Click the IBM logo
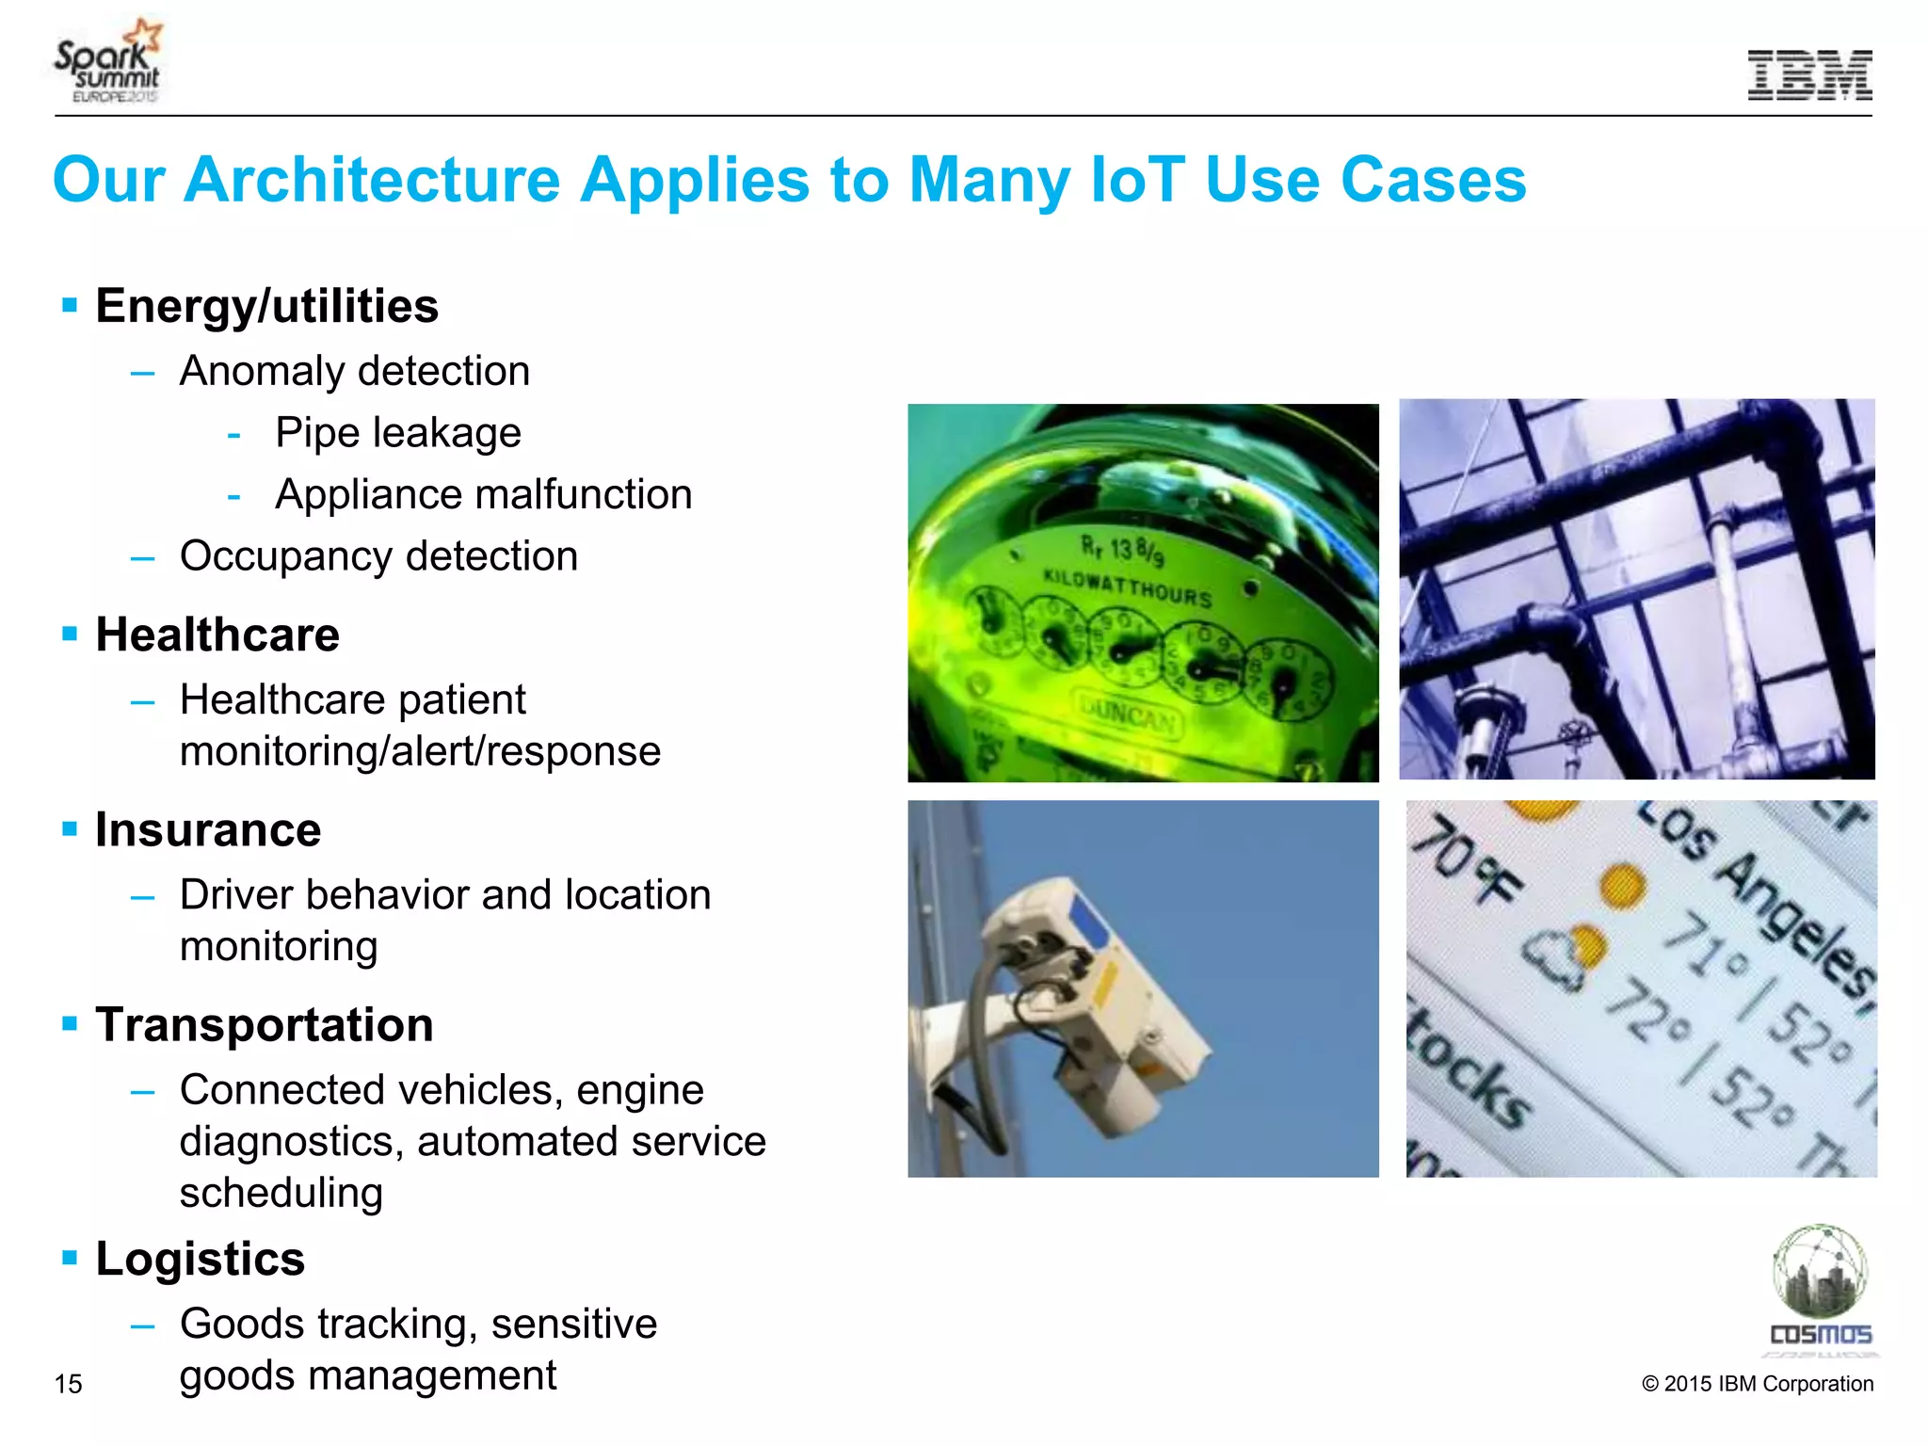pyautogui.click(x=1808, y=75)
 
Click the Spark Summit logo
pyautogui.click(x=108, y=61)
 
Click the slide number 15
pyautogui.click(x=68, y=1384)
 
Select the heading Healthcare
pyautogui.click(x=217, y=635)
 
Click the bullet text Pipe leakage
pyautogui.click(x=397, y=433)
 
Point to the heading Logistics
pyautogui.click(x=200, y=1259)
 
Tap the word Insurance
pyautogui.click(x=208, y=830)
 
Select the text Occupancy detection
pyautogui.click(x=378, y=556)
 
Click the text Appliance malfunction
pyautogui.click(x=483, y=495)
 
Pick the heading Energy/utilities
pyautogui.click(x=266, y=307)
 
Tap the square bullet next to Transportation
pyautogui.click(x=69, y=1023)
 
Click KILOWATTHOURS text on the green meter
pyautogui.click(x=1127, y=586)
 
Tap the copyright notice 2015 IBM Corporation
pyautogui.click(x=1757, y=1384)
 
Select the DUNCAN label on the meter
pyautogui.click(x=1127, y=715)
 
